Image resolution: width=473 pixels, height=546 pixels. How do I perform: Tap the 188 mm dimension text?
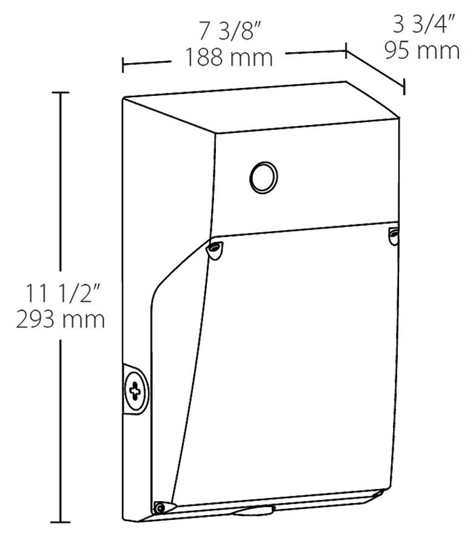pos(229,58)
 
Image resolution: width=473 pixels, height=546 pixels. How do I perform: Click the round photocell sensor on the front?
pos(264,177)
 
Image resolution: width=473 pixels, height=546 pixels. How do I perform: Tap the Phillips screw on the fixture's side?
pos(135,389)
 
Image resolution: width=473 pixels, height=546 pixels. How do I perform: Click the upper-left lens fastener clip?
pos(215,249)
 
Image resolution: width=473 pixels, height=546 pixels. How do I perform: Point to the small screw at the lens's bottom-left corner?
pos(160,506)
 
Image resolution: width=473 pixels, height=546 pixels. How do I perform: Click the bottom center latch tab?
pos(253,511)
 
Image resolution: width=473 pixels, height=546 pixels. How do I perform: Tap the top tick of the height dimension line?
pos(59,93)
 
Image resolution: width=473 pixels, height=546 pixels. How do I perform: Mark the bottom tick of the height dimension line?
pos(59,522)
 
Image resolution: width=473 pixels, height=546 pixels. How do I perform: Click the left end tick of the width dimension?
pos(124,65)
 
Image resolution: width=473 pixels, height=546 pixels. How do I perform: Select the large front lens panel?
pos(285,364)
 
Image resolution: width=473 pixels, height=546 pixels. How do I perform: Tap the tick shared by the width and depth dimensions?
pos(346,51)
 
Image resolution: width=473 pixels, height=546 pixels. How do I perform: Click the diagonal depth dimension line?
pos(375,69)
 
